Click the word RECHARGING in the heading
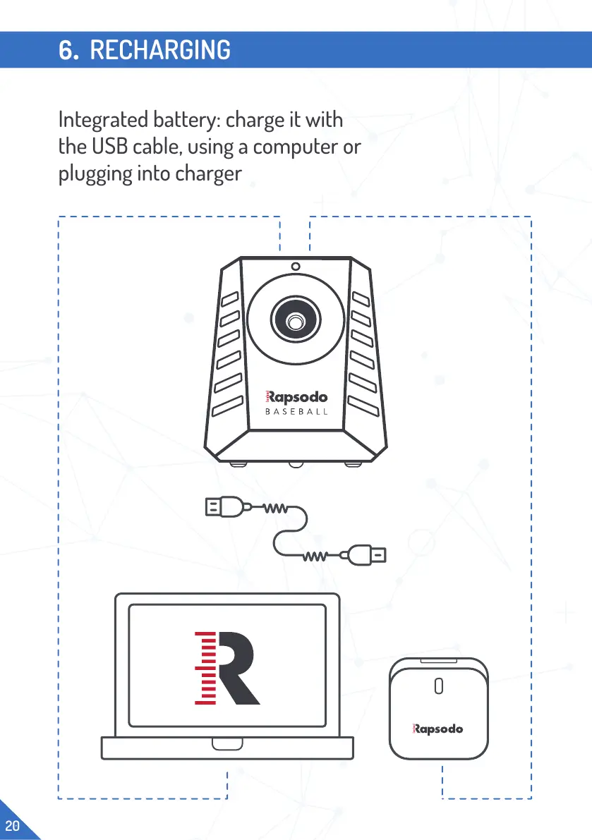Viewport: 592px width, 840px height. pos(160,50)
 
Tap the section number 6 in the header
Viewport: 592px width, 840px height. pos(68,50)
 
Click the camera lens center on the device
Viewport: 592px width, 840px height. pos(296,320)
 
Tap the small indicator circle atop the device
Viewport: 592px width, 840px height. pos(296,267)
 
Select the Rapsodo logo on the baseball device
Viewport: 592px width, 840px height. pos(295,397)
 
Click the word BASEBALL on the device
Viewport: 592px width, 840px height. pos(296,411)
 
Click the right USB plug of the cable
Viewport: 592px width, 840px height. pos(373,555)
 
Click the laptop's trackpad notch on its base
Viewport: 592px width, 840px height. pos(226,744)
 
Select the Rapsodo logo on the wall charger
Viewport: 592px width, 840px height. pos(437,729)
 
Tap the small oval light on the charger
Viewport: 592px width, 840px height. pos(438,686)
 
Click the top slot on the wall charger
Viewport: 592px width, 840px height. pos(437,662)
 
